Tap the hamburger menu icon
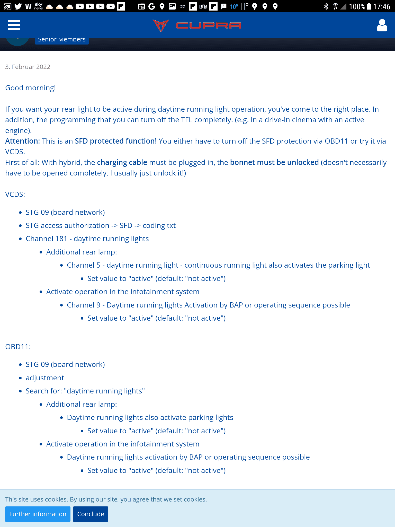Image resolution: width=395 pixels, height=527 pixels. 14,25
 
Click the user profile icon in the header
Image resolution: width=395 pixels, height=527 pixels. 382,25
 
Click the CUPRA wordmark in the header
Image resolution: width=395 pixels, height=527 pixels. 208,25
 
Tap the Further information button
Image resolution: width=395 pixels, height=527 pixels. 38,514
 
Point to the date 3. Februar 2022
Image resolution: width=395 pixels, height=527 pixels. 28,67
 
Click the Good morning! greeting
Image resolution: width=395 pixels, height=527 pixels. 30,88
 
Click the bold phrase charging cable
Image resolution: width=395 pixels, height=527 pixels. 122,163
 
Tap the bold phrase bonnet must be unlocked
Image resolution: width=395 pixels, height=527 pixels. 274,163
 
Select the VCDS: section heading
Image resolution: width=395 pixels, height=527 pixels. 15,194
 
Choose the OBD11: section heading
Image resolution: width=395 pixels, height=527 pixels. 18,347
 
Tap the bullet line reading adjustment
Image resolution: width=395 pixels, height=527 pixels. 45,378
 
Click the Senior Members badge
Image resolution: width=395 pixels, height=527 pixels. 62,40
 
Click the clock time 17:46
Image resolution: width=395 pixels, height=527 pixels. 382,6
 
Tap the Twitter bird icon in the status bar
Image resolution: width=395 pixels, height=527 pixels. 18,6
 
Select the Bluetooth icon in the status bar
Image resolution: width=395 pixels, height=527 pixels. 326,6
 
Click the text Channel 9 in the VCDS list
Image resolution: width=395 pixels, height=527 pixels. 84,305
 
